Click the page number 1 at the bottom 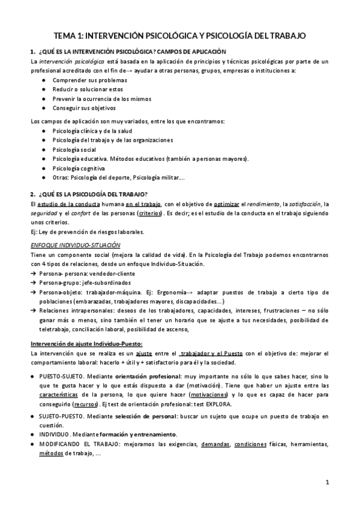coord(327,482)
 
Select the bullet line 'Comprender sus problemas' coord(90,79)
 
